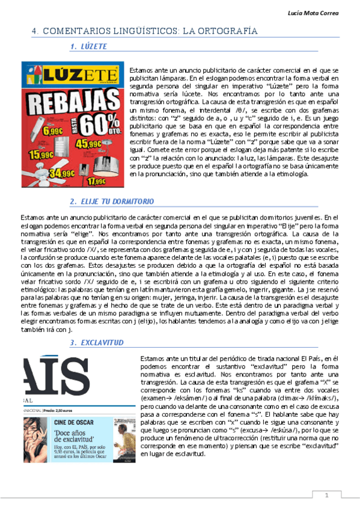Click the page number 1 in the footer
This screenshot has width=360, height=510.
pos(326,496)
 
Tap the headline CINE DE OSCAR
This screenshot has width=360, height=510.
pos(76,423)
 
